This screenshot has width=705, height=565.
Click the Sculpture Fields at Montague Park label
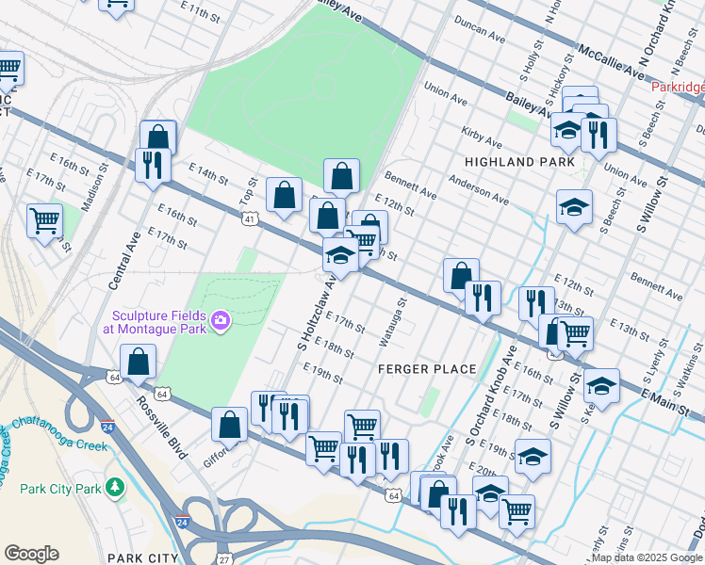point(157,322)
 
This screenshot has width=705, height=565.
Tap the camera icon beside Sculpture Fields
point(221,322)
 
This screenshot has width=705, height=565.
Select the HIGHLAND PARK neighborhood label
point(519,162)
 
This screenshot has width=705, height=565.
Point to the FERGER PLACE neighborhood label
point(427,368)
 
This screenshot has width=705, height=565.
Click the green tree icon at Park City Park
point(114,487)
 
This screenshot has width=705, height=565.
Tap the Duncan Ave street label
point(479,31)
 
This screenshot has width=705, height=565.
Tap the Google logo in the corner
point(31,553)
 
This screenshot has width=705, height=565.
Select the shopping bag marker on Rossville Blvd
point(139,363)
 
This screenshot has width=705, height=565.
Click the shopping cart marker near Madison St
point(44,221)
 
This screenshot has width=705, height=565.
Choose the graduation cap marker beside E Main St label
point(601,386)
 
